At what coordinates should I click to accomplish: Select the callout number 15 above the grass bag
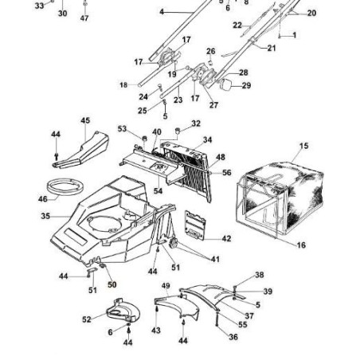[x=303, y=147]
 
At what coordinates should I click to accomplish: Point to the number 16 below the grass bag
[x=301, y=245]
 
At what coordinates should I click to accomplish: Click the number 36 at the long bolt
[x=233, y=337]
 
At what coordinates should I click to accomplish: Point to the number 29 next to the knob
[x=246, y=85]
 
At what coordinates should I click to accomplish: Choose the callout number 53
[x=122, y=128]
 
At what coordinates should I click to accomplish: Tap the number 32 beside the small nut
[x=196, y=123]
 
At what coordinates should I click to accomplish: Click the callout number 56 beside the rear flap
[x=226, y=172]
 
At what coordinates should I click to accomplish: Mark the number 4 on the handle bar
[x=162, y=13]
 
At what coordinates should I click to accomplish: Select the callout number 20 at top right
[x=311, y=14]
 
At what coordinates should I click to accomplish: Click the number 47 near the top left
[x=84, y=18]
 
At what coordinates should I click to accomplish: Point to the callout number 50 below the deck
[x=112, y=284]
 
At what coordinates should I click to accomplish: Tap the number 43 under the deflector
[x=155, y=330]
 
